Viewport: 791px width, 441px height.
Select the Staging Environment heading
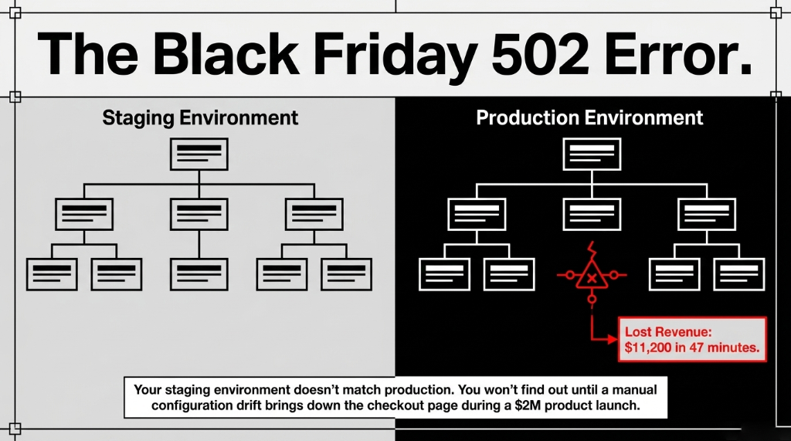[x=200, y=118]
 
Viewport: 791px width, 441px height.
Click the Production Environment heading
[x=589, y=118]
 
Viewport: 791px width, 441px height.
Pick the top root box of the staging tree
[x=199, y=154]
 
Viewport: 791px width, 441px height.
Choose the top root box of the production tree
[x=592, y=154]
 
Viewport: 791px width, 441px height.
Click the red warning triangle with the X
[x=592, y=276]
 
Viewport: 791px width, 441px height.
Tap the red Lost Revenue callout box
[x=693, y=339]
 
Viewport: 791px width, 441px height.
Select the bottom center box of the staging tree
[x=199, y=273]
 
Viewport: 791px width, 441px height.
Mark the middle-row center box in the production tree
[x=592, y=214]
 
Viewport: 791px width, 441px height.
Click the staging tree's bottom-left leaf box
[x=52, y=273]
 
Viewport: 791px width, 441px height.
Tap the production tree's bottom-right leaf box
[x=739, y=273]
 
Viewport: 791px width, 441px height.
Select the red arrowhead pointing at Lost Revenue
[x=617, y=338]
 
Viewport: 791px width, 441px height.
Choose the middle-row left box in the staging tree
[x=84, y=214]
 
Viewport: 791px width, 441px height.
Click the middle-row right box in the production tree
[x=707, y=214]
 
